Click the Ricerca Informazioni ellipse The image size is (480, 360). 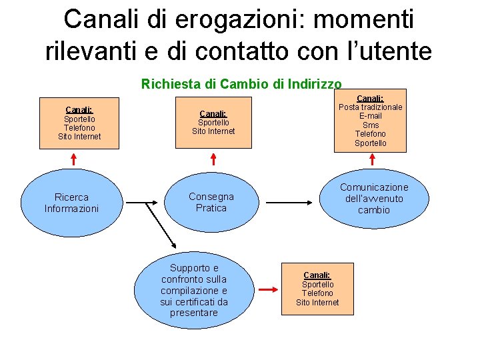click(x=71, y=202)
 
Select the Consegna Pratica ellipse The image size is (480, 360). click(x=211, y=202)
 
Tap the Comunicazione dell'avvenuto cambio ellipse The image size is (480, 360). click(x=374, y=198)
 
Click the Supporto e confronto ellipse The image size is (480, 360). click(x=194, y=290)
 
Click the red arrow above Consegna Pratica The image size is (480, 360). click(x=213, y=159)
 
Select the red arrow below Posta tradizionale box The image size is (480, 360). click(x=372, y=160)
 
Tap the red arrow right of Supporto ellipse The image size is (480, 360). click(x=268, y=290)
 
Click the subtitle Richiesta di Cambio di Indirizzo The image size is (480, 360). click(x=241, y=84)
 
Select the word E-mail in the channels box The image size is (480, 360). click(x=371, y=116)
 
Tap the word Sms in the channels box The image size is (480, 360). click(x=371, y=125)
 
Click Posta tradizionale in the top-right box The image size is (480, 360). click(x=371, y=107)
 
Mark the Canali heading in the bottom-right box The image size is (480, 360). click(x=317, y=275)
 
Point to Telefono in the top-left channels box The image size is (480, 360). click(x=79, y=128)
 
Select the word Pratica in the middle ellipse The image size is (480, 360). click(x=211, y=208)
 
